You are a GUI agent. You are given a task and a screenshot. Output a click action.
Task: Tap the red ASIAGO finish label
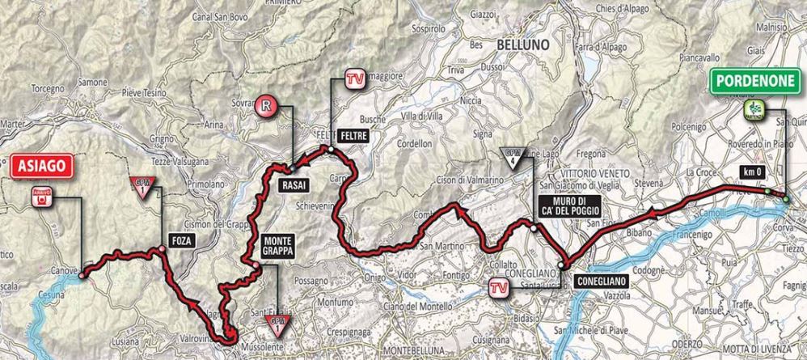[39, 167]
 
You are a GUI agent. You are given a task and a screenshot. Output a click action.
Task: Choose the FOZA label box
[181, 239]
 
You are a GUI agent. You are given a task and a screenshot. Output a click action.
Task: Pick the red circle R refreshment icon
[266, 104]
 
